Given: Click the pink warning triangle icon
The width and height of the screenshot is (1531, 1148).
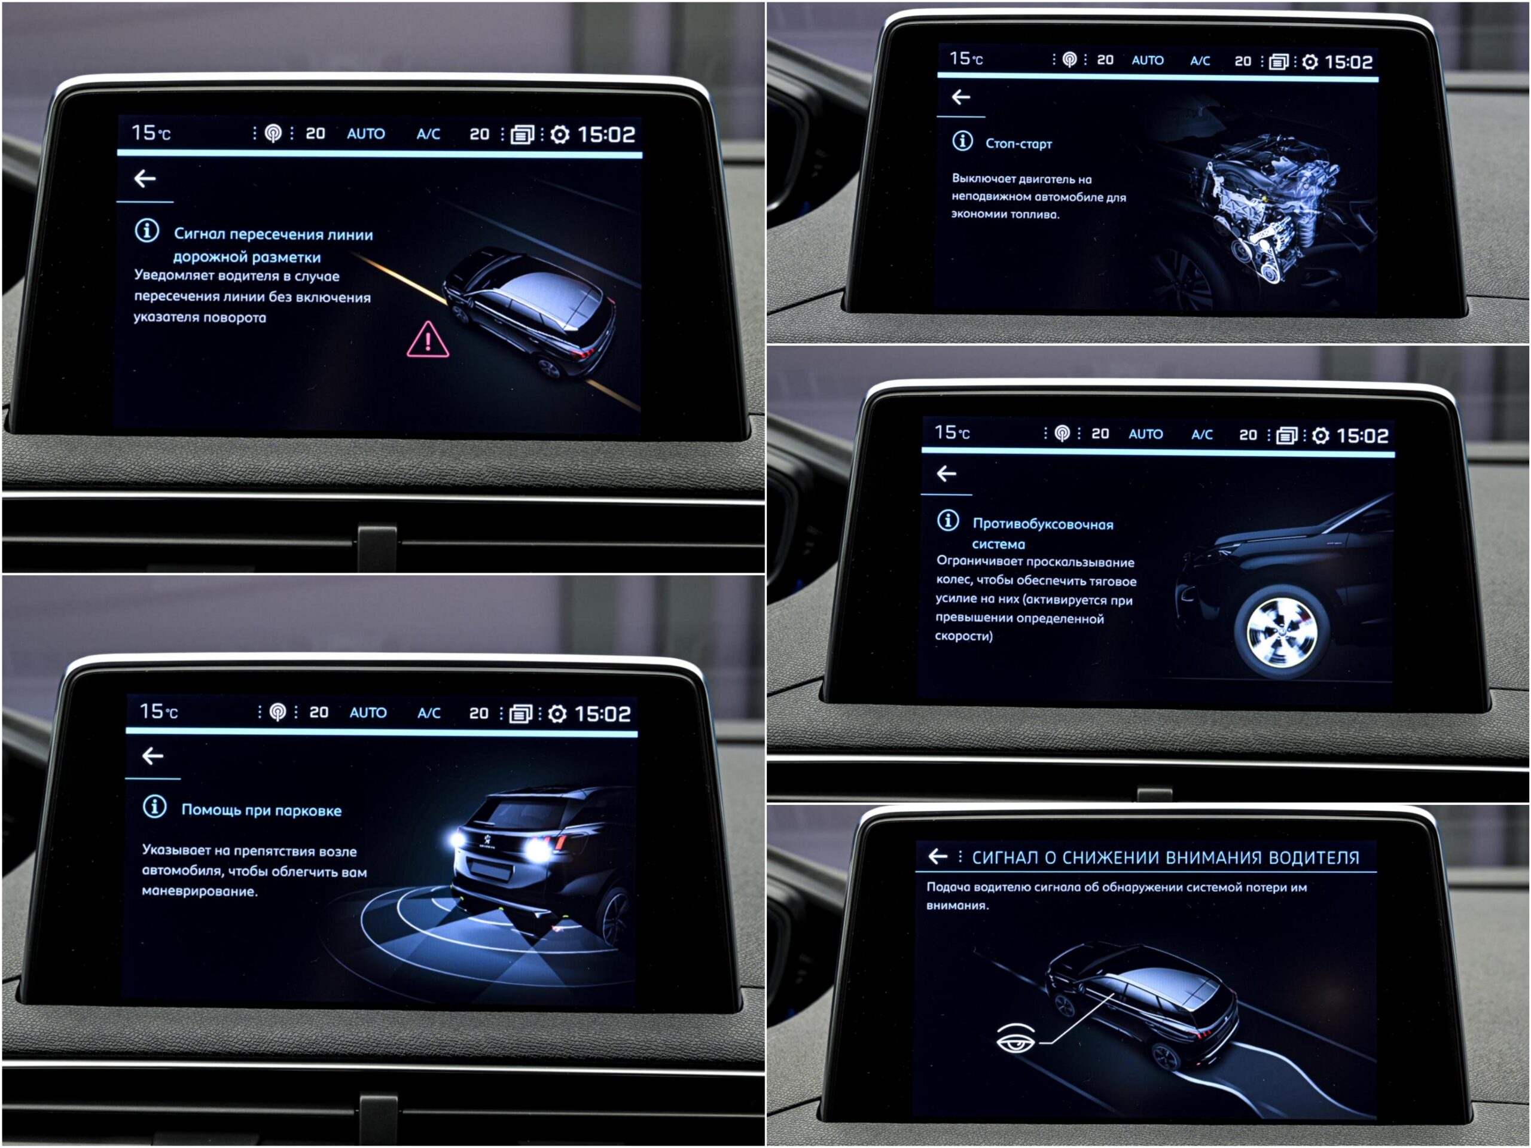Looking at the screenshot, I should (x=428, y=340).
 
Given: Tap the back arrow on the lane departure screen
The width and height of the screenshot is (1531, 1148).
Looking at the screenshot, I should (x=145, y=179).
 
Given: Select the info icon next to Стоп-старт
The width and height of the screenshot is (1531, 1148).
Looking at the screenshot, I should (x=962, y=141).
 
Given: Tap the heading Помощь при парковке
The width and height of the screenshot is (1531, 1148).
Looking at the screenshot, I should (x=261, y=810).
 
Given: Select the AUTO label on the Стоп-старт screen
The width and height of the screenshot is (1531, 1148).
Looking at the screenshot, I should (x=1147, y=60).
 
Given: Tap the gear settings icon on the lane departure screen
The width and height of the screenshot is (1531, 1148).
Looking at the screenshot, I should (x=559, y=135).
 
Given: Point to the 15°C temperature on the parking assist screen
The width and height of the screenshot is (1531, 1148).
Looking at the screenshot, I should (x=158, y=712).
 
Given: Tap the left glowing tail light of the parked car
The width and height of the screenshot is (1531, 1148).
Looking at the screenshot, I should (x=458, y=839).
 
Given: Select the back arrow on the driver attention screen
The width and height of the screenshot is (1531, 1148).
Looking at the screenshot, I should (x=937, y=857).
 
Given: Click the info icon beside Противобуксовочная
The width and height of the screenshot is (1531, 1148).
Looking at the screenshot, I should (x=947, y=520).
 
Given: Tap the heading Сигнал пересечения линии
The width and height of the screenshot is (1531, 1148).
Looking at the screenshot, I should (x=273, y=234).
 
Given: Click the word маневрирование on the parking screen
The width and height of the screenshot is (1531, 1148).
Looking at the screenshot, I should (x=199, y=892).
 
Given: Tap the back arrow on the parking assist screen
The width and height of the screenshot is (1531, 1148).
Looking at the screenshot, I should (x=153, y=756).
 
